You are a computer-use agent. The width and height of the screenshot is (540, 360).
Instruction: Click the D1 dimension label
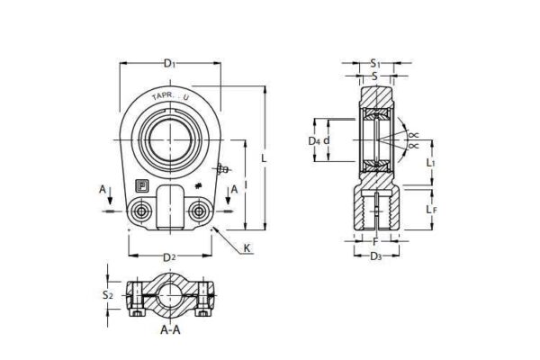coord(168,63)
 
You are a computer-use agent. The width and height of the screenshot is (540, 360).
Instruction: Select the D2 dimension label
coord(169,258)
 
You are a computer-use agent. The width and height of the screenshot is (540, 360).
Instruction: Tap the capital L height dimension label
coord(263,158)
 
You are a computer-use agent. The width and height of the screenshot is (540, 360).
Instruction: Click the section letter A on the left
coord(103,189)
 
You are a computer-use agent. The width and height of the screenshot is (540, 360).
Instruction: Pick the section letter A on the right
coord(234,189)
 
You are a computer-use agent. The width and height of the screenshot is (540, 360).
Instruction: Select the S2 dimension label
coord(107,294)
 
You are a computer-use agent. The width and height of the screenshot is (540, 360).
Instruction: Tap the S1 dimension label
coord(375,63)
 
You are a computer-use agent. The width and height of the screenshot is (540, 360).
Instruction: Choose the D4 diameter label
coord(313,141)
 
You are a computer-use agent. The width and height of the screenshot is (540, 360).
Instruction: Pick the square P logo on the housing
coord(140,185)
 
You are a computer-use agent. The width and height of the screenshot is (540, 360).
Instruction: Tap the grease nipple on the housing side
coord(220,168)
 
